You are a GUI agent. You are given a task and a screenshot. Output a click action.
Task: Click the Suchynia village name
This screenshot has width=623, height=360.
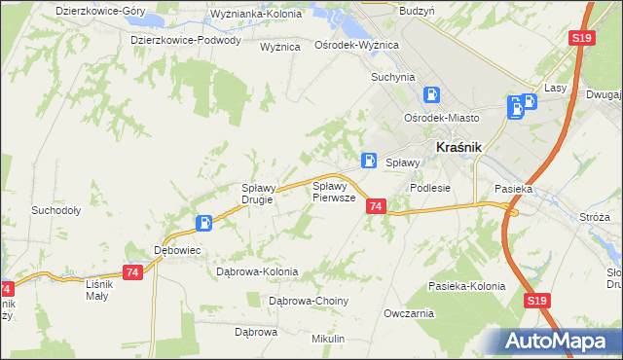[x=392, y=76]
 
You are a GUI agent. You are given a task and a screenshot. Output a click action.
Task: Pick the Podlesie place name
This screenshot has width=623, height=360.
[x=430, y=188]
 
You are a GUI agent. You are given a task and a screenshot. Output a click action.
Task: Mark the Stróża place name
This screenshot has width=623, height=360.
[x=593, y=216]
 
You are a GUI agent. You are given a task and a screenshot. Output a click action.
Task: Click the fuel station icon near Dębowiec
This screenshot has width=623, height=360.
[x=203, y=223]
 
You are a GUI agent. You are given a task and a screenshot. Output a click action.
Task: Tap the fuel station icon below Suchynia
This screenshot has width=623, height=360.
[x=431, y=95]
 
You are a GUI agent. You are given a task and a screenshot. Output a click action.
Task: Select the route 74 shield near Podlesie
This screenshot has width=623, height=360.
[x=377, y=205]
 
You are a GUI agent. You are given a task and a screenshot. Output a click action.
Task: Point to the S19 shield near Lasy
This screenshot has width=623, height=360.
[x=581, y=38]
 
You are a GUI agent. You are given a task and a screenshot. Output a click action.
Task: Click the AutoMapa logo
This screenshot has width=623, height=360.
[x=562, y=342]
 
